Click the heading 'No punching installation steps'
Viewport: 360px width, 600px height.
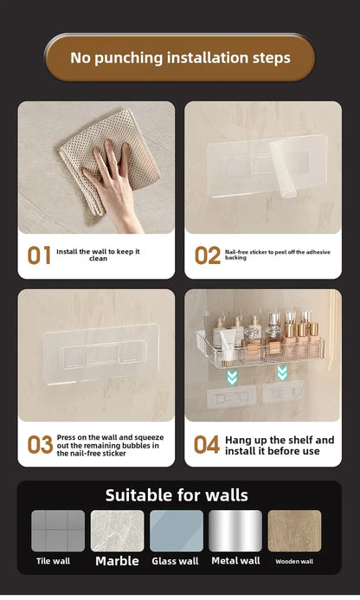coord(180,58)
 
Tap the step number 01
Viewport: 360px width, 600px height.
coord(39,255)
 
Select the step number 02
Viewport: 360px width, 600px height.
coord(207,255)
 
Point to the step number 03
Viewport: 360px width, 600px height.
coord(40,445)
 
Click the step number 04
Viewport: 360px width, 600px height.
coord(207,445)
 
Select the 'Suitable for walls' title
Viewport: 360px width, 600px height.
coord(177,495)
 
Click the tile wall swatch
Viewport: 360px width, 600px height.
coord(58,531)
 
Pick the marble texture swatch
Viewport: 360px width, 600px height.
coord(117,531)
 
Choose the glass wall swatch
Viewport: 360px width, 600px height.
coord(176,531)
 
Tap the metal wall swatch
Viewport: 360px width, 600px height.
coord(235,531)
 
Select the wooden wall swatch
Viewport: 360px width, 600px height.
coord(294,531)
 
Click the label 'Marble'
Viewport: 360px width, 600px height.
coord(117,561)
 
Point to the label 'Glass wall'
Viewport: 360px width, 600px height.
coord(176,561)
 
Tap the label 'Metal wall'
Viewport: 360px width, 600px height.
coord(235,561)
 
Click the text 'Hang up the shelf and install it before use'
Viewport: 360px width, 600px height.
coord(279,445)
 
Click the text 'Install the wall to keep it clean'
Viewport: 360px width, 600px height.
coord(98,255)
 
